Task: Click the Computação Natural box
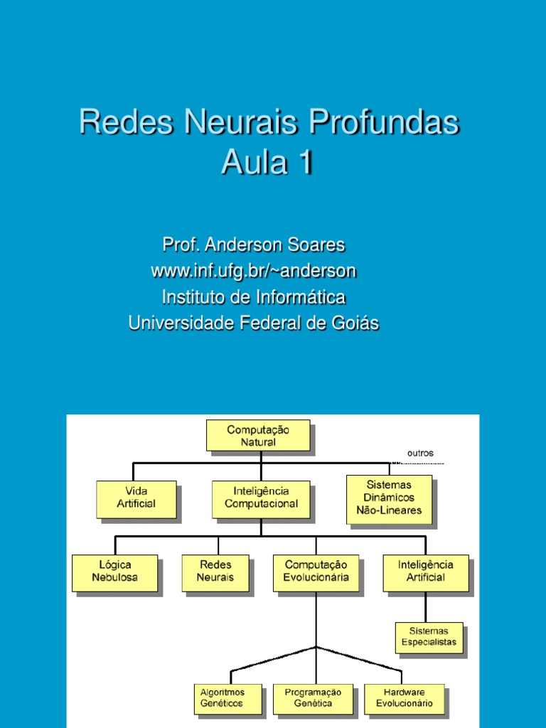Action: pyautogui.click(x=258, y=435)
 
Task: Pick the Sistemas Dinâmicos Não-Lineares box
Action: pyautogui.click(x=389, y=498)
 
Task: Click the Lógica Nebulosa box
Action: pyautogui.click(x=114, y=572)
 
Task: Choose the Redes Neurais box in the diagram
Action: pyautogui.click(x=215, y=572)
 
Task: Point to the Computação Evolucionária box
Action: pyautogui.click(x=316, y=572)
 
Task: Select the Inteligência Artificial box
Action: pyautogui.click(x=426, y=572)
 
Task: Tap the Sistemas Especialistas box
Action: pyautogui.click(x=429, y=637)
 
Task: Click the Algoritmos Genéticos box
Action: pyautogui.click(x=221, y=698)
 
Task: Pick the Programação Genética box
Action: pyautogui.click(x=313, y=698)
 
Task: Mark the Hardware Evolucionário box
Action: pyautogui.click(x=404, y=698)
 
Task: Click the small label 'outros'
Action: pyautogui.click(x=420, y=453)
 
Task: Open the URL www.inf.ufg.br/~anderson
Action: pyautogui.click(x=253, y=271)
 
